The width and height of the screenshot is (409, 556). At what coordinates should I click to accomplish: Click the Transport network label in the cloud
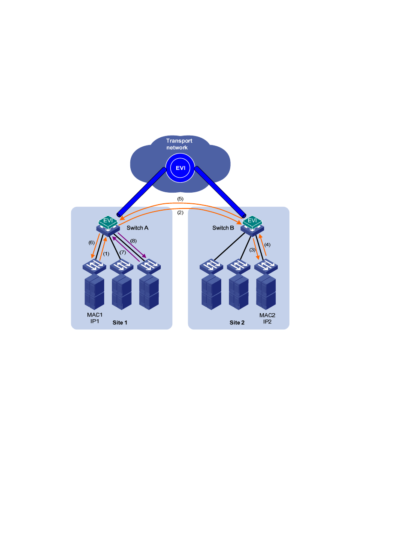point(179,144)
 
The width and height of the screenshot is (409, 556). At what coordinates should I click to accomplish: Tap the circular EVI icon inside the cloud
point(180,168)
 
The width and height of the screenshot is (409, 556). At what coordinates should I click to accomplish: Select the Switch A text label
point(138,228)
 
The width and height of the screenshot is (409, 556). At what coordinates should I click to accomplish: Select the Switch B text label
point(223,228)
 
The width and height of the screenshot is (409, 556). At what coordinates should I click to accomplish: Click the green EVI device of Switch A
point(108,222)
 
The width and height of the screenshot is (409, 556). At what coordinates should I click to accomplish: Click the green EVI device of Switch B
point(252,222)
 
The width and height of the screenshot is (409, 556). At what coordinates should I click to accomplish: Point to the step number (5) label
point(180,199)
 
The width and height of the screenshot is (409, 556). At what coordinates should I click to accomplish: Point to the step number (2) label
point(180,212)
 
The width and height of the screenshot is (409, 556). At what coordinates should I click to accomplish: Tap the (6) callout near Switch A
point(91,242)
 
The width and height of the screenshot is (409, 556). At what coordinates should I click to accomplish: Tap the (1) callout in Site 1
point(106,254)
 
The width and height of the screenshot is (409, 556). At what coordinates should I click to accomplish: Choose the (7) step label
point(123,252)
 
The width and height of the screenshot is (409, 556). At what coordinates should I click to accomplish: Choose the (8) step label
point(133,241)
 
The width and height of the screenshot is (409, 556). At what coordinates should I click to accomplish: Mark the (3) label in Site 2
point(252,250)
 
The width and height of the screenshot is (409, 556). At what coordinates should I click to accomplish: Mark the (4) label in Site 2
point(267,245)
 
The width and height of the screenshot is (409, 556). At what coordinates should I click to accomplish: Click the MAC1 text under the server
point(95,315)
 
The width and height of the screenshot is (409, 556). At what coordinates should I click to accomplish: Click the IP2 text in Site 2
point(268,322)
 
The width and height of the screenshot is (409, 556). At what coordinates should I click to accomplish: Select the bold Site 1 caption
point(120,323)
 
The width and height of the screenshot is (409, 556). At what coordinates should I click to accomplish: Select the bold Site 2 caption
point(237,323)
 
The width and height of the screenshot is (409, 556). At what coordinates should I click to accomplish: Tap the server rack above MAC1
point(94,292)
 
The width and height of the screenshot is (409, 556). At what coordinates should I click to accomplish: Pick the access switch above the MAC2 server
point(266,266)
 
